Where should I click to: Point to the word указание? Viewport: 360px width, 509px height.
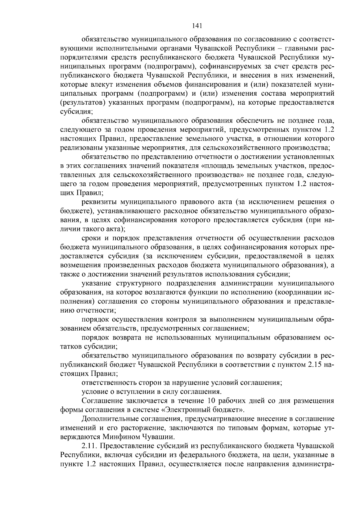96,283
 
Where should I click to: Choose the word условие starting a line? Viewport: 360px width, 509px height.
95,392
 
